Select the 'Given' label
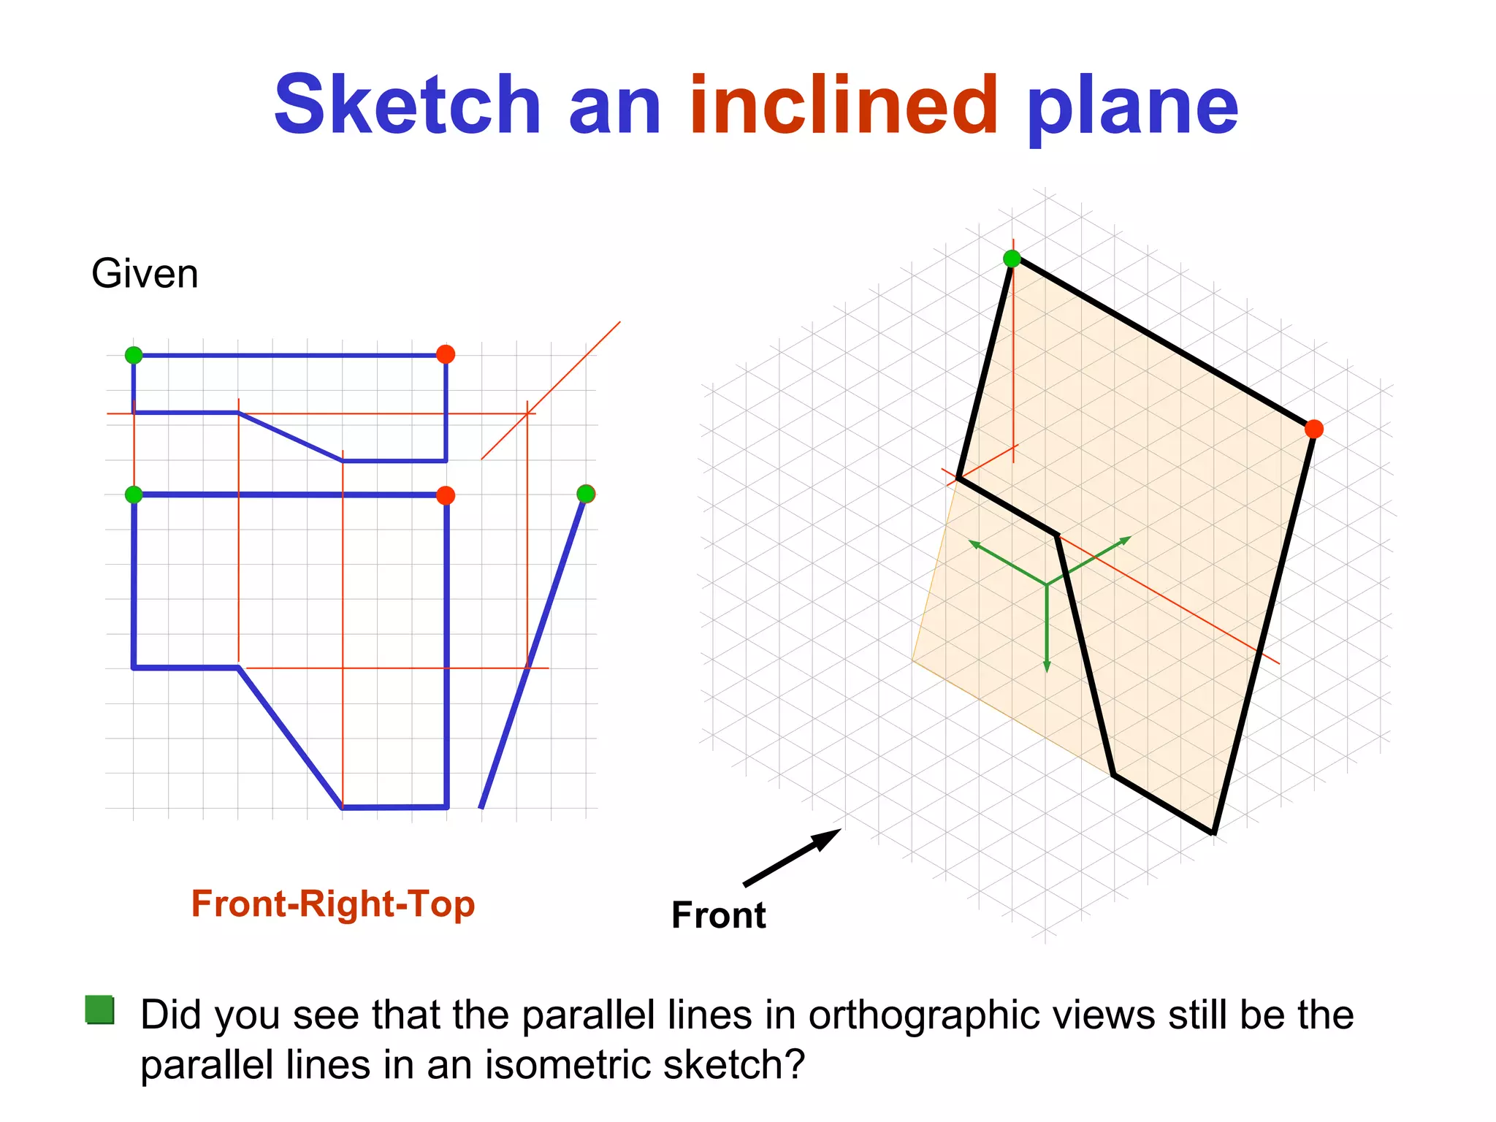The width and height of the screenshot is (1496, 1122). tap(145, 274)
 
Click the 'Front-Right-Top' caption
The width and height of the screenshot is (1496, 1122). tap(333, 904)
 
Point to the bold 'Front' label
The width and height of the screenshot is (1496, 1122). tap(718, 915)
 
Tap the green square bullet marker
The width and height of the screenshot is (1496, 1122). tap(99, 1010)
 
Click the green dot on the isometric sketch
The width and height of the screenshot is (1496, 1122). tap(1012, 259)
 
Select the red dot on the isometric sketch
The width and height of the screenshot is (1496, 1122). tap(1313, 429)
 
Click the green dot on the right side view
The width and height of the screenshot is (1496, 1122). tap(586, 494)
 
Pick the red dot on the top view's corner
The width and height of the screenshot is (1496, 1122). tap(446, 354)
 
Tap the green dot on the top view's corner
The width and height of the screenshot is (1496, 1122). tap(134, 355)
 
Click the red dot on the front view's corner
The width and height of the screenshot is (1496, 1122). tap(446, 495)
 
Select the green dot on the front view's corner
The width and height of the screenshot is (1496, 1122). tap(134, 495)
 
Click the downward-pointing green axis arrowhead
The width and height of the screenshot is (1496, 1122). tap(1047, 666)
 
